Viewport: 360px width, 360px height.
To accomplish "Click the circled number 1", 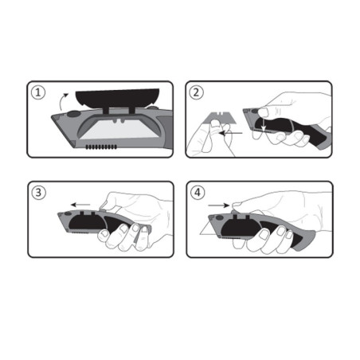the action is [x=38, y=92].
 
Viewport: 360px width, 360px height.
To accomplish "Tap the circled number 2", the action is [x=197, y=92].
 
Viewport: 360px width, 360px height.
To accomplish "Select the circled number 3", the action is [x=39, y=193].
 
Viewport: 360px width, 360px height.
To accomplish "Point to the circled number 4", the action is [x=198, y=192].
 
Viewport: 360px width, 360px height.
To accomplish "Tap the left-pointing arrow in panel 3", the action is [x=80, y=205].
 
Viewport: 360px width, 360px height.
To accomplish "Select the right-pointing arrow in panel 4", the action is [x=219, y=205].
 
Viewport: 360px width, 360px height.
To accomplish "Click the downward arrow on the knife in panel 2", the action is [x=263, y=124].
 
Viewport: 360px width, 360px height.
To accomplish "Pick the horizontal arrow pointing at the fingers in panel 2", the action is [x=232, y=133].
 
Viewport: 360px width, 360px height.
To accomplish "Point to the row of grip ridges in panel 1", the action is [x=101, y=147].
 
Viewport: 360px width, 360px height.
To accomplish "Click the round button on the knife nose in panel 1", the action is [x=73, y=114].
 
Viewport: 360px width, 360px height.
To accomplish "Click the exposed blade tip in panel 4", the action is [x=206, y=229].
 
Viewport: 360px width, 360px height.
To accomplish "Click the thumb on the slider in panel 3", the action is [x=107, y=205].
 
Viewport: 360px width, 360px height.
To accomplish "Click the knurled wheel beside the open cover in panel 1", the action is [x=153, y=108].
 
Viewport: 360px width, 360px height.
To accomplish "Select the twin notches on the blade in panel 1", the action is [x=118, y=121].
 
